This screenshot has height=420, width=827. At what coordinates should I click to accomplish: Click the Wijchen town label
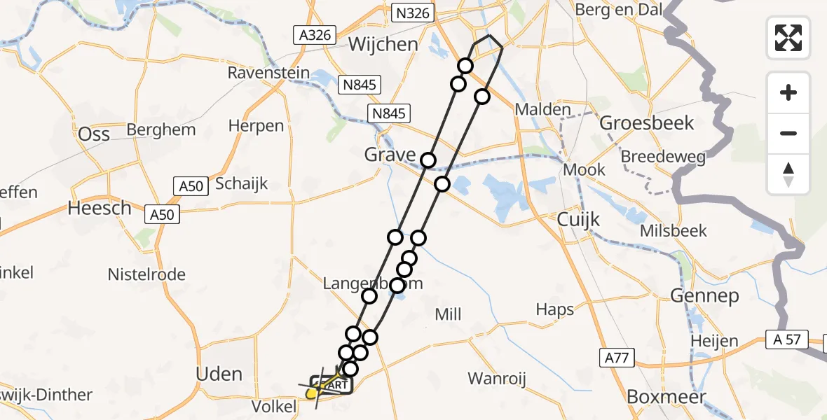coord(383,44)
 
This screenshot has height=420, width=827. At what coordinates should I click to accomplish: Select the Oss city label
coord(94,132)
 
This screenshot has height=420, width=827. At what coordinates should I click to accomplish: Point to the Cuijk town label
coord(578,220)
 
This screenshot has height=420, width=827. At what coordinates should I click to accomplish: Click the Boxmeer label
coord(666,395)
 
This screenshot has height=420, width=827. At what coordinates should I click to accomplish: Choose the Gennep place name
coord(704,296)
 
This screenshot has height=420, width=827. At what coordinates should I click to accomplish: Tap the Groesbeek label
coord(647,123)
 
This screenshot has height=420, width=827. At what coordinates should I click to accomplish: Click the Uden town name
coord(219,374)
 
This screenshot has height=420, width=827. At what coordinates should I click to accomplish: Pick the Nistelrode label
coord(146,274)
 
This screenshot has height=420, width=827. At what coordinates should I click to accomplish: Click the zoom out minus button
coord(788,133)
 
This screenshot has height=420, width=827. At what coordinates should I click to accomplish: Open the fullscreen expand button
coord(788,38)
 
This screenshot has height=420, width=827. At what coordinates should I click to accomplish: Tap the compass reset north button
coord(788,174)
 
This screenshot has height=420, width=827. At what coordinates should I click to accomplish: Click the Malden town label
coord(542,110)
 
